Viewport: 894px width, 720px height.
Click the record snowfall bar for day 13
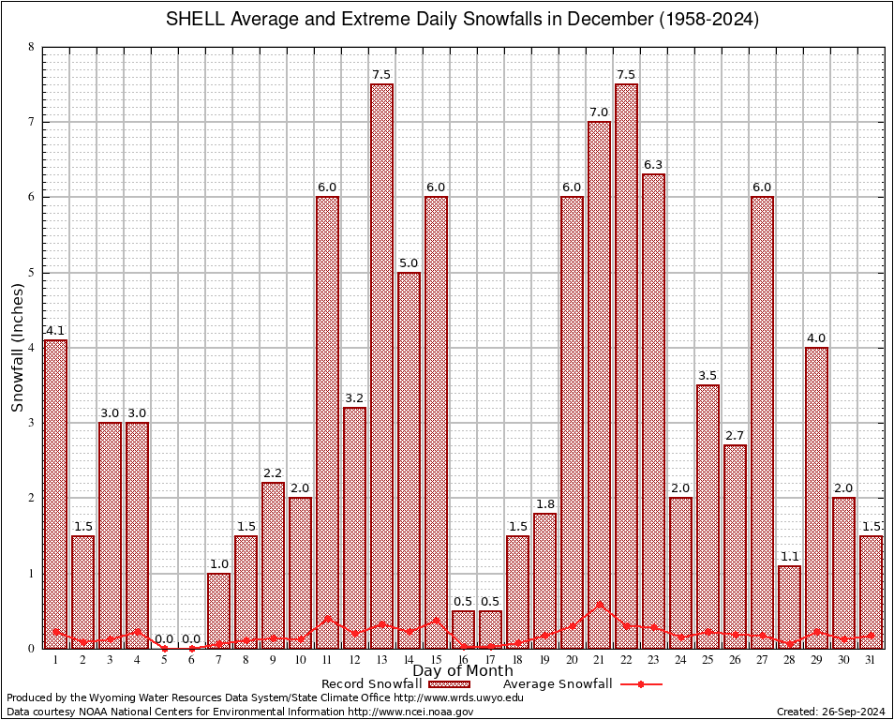pyautogui.click(x=381, y=366)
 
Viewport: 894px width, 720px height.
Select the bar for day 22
pyautogui.click(x=626, y=366)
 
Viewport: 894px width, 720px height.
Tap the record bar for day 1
pyautogui.click(x=55, y=493)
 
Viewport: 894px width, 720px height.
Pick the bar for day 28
pyautogui.click(x=789, y=607)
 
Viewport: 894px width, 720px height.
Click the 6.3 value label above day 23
pyautogui.click(x=653, y=165)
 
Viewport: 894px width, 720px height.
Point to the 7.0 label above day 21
pyautogui.click(x=599, y=112)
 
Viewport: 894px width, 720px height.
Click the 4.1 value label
pyautogui.click(x=55, y=330)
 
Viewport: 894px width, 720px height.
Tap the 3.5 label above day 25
pyautogui.click(x=708, y=376)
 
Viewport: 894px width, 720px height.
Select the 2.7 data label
pyautogui.click(x=735, y=436)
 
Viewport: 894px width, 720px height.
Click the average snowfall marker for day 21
pyautogui.click(x=599, y=605)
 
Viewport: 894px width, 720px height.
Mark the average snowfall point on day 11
pyautogui.click(x=327, y=618)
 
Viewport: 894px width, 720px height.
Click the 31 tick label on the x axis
pyautogui.click(x=871, y=660)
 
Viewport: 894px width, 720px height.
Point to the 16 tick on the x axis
pyautogui.click(x=463, y=660)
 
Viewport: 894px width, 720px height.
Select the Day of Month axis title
pyautogui.click(x=462, y=671)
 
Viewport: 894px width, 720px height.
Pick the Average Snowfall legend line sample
pyautogui.click(x=640, y=684)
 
